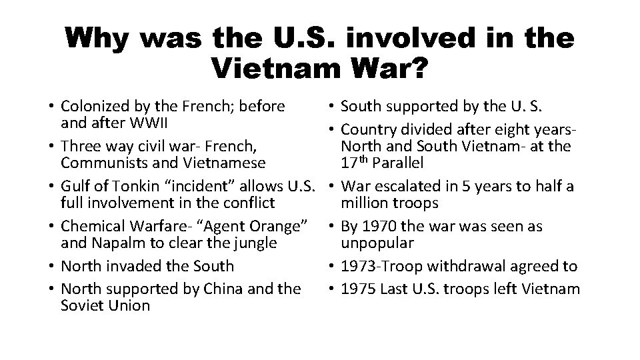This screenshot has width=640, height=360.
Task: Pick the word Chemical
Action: click(90, 226)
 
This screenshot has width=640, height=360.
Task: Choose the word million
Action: click(365, 203)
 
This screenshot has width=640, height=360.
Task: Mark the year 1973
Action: click(359, 266)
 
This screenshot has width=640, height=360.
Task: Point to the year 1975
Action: click(359, 289)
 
